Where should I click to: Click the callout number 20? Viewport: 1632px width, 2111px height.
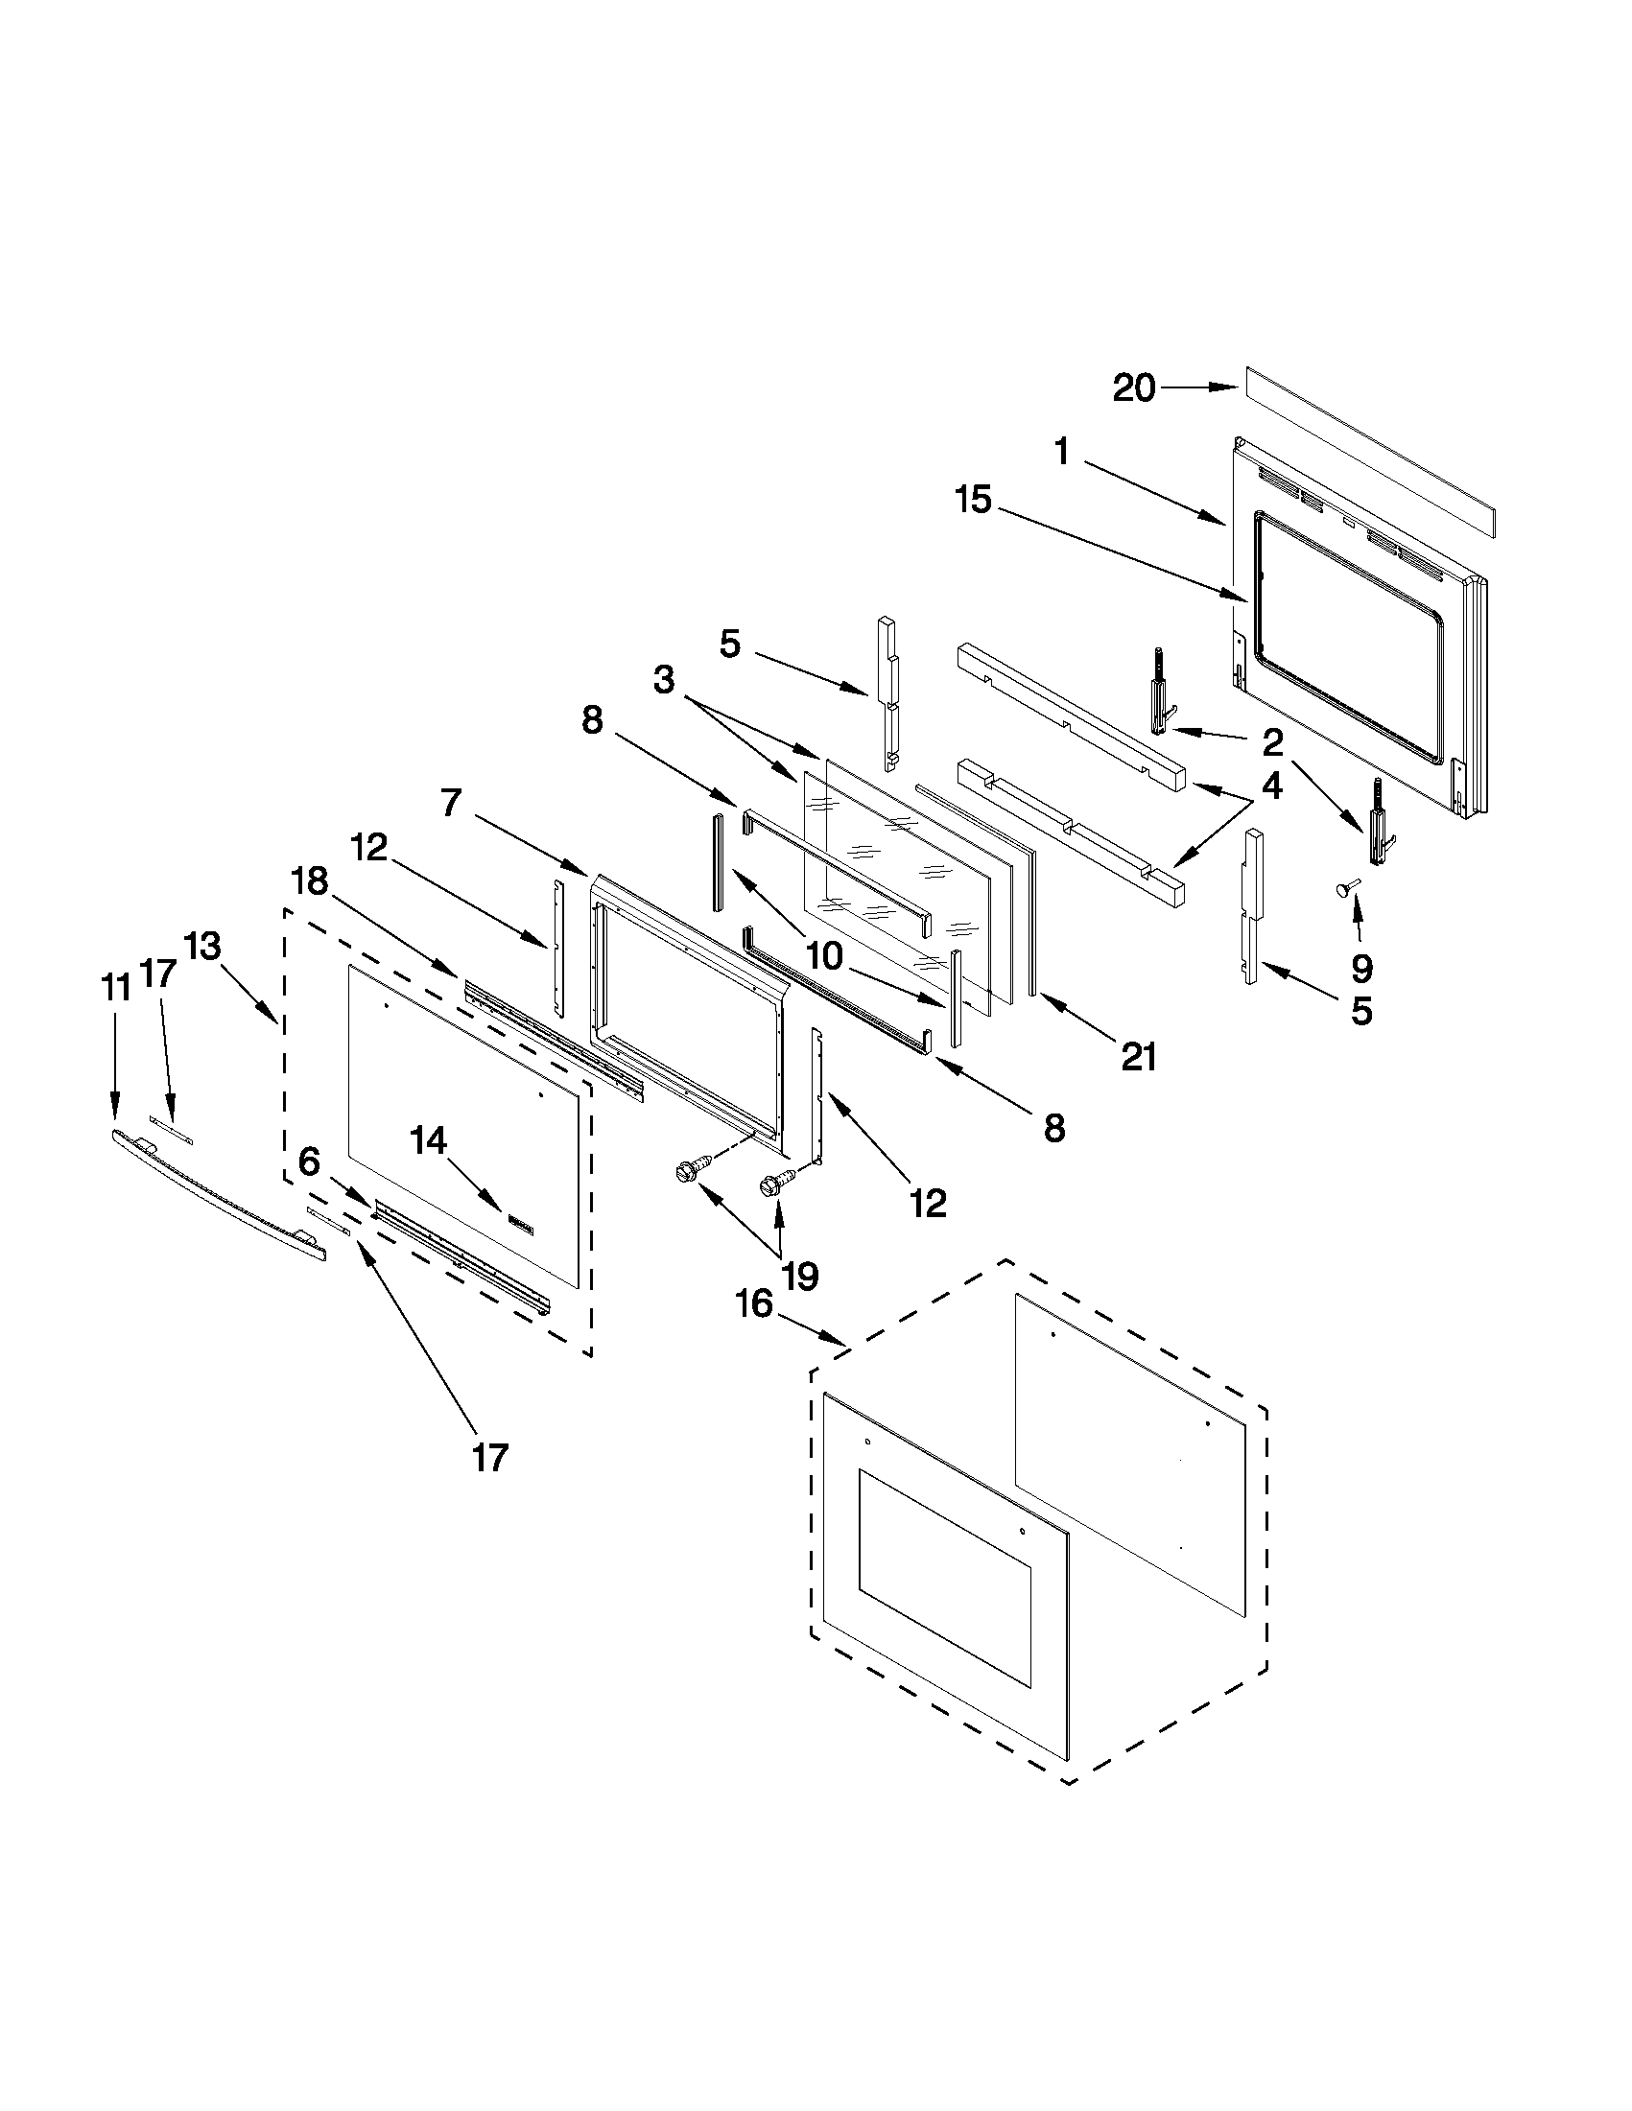[x=1134, y=388]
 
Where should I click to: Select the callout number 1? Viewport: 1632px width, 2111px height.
[x=1061, y=452]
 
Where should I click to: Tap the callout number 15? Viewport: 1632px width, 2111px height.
[x=974, y=500]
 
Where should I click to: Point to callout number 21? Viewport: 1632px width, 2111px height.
[x=1138, y=1058]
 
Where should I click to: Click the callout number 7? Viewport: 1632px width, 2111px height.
[x=452, y=802]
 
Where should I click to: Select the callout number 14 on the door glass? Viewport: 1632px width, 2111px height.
[x=428, y=1141]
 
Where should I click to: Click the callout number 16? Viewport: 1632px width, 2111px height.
[x=754, y=1305]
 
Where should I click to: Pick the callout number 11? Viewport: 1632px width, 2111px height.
[x=115, y=988]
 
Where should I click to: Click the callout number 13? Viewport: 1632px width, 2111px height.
[x=203, y=946]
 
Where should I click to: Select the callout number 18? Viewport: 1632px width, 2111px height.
[x=309, y=880]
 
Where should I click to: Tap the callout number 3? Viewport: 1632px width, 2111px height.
[x=663, y=679]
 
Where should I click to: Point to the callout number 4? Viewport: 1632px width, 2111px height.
[x=1272, y=786]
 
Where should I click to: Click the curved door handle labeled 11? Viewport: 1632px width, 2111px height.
[x=218, y=1197]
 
